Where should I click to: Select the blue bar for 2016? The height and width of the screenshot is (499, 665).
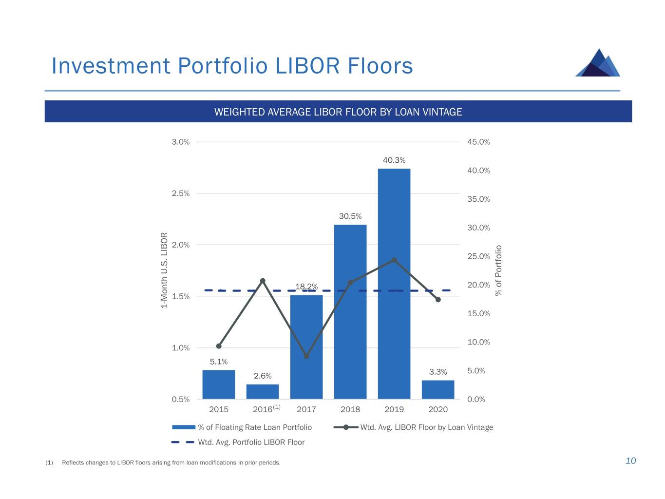pyautogui.click(x=263, y=392)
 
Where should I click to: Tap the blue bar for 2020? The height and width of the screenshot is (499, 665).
pyautogui.click(x=438, y=390)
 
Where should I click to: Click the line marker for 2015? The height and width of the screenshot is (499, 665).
pyautogui.click(x=219, y=346)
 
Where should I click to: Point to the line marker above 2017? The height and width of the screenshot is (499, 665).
pyautogui.click(x=306, y=356)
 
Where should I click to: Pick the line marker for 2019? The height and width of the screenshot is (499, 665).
pyautogui.click(x=394, y=260)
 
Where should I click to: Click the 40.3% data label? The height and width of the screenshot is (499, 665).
pyautogui.click(x=394, y=160)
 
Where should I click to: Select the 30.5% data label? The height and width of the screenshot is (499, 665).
pyautogui.click(x=350, y=216)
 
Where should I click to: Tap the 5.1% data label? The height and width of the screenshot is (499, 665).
pyautogui.click(x=219, y=362)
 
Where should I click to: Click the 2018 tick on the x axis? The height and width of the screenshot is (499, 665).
pyautogui.click(x=350, y=409)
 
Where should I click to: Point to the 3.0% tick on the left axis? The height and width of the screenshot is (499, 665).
pyautogui.click(x=180, y=142)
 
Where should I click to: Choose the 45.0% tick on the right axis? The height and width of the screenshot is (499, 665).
pyautogui.click(x=478, y=142)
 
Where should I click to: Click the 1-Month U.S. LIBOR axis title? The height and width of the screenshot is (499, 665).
pyautogui.click(x=164, y=270)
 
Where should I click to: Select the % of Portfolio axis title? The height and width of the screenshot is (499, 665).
pyautogui.click(x=498, y=270)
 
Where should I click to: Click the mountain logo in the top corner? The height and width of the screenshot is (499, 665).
pyautogui.click(x=598, y=63)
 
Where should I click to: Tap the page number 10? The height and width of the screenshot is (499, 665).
pyautogui.click(x=630, y=461)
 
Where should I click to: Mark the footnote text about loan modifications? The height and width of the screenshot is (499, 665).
pyautogui.click(x=171, y=462)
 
